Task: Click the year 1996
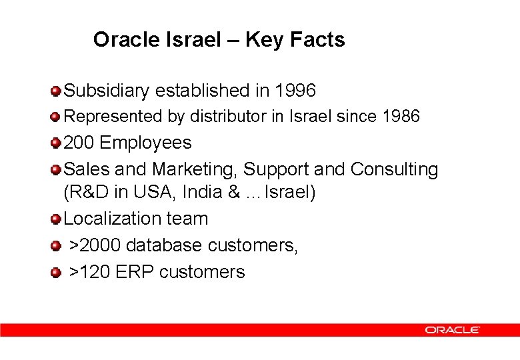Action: (295, 90)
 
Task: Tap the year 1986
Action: (401, 117)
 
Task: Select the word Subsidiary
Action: (106, 90)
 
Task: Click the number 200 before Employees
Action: (79, 143)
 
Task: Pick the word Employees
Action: (146, 143)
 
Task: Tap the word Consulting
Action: (394, 169)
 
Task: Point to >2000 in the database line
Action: (96, 245)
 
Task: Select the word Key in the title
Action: (263, 40)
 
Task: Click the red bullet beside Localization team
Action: (56, 219)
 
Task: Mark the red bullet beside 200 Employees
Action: (56, 143)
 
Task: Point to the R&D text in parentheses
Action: (90, 192)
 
